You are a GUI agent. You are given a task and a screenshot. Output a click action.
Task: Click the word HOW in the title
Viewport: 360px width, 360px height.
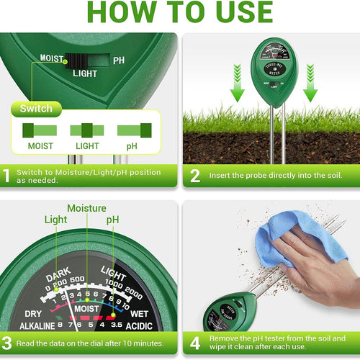point(119,12)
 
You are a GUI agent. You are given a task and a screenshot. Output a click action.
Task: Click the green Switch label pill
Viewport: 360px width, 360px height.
point(36,109)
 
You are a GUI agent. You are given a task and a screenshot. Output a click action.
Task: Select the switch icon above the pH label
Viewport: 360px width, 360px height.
point(135,130)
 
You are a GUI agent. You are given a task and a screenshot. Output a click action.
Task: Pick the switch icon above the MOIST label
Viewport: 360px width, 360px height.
point(40,130)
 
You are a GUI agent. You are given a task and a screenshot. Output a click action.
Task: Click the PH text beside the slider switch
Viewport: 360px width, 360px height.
point(119,60)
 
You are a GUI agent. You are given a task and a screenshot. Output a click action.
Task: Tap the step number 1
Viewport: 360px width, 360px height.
point(7,175)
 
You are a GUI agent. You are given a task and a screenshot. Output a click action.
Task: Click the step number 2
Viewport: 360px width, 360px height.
point(194,175)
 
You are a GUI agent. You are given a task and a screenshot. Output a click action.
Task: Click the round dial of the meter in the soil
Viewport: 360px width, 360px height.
point(274,58)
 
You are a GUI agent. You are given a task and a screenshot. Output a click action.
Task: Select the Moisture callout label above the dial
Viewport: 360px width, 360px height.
point(87,208)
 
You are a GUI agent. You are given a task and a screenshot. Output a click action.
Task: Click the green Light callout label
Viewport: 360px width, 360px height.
point(56,220)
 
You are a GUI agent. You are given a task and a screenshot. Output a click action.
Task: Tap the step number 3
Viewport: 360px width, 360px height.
point(7,343)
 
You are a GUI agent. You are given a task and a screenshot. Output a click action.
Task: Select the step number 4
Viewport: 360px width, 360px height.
point(194,343)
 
